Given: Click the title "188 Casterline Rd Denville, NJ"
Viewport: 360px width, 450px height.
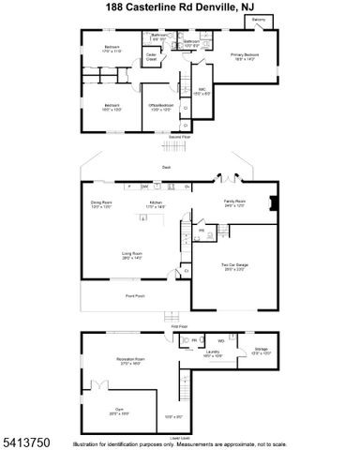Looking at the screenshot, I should [179, 7].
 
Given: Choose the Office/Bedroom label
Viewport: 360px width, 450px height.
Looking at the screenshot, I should [159, 106].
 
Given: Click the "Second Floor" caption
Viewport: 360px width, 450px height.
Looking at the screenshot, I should [179, 138].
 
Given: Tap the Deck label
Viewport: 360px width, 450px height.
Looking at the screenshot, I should [165, 168].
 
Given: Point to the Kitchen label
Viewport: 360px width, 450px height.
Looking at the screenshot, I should [156, 204].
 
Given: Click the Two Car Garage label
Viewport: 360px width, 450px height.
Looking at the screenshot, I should [233, 266].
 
